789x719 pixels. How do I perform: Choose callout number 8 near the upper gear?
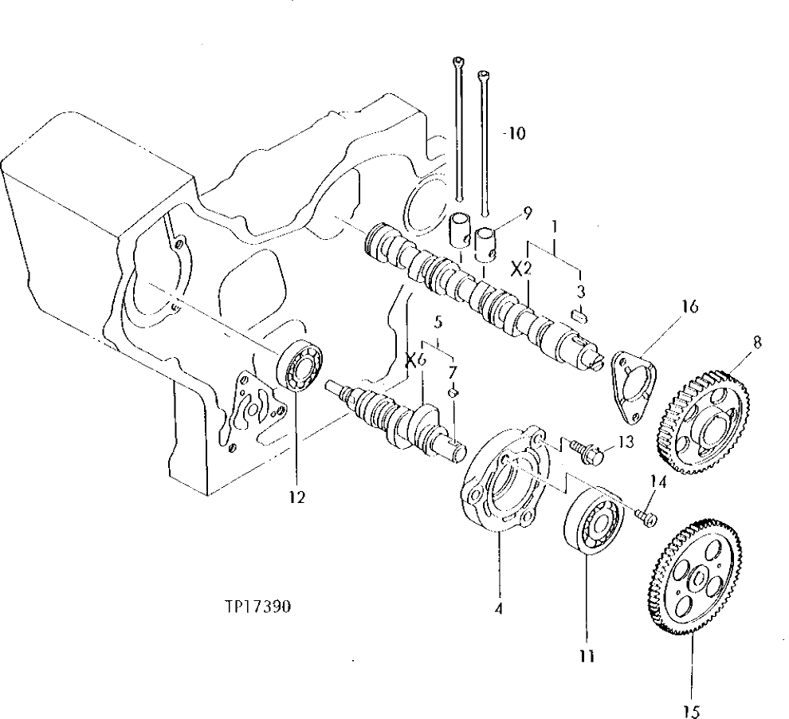tap(757, 342)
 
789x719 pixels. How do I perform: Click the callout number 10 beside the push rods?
tap(516, 133)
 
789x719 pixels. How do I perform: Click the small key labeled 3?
tap(580, 316)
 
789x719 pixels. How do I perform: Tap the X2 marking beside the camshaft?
tap(520, 269)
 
